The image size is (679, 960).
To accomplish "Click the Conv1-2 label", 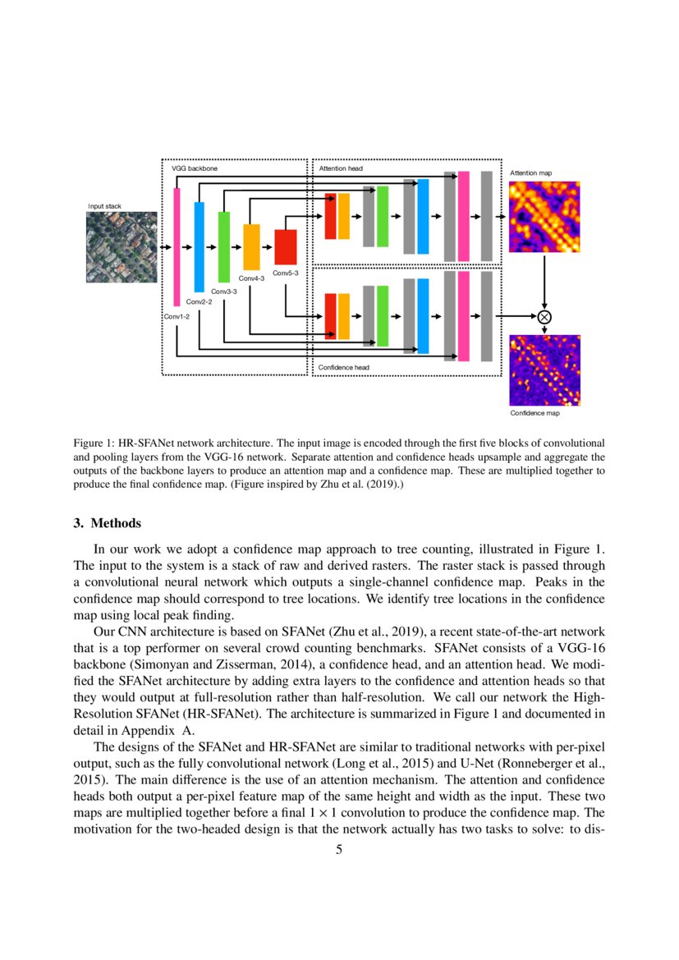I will pyautogui.click(x=177, y=317).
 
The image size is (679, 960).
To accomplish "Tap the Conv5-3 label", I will pyautogui.click(x=286, y=273).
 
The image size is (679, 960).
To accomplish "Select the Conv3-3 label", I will pyautogui.click(x=224, y=292).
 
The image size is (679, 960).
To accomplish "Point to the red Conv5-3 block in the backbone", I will pyautogui.click(x=285, y=246).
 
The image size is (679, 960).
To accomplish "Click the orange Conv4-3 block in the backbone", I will pyautogui.click(x=251, y=246).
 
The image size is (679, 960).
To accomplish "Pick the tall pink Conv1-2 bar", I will pyautogui.click(x=177, y=246).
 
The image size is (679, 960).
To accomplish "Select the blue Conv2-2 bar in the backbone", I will pyautogui.click(x=199, y=246).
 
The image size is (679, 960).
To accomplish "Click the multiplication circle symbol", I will pyautogui.click(x=544, y=316).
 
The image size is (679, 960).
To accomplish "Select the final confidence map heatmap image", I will pyautogui.click(x=544, y=370).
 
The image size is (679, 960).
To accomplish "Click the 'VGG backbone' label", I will pyautogui.click(x=190, y=168).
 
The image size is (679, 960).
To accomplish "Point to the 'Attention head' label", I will pyautogui.click(x=340, y=168).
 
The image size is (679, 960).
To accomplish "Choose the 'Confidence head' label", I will pyautogui.click(x=344, y=368).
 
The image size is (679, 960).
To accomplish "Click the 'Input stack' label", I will pyautogui.click(x=104, y=206).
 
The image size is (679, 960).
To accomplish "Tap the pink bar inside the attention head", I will pyautogui.click(x=464, y=215).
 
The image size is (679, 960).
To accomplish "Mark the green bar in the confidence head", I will pyautogui.click(x=382, y=316).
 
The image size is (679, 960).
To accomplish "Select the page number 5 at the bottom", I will pyautogui.click(x=339, y=850).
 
